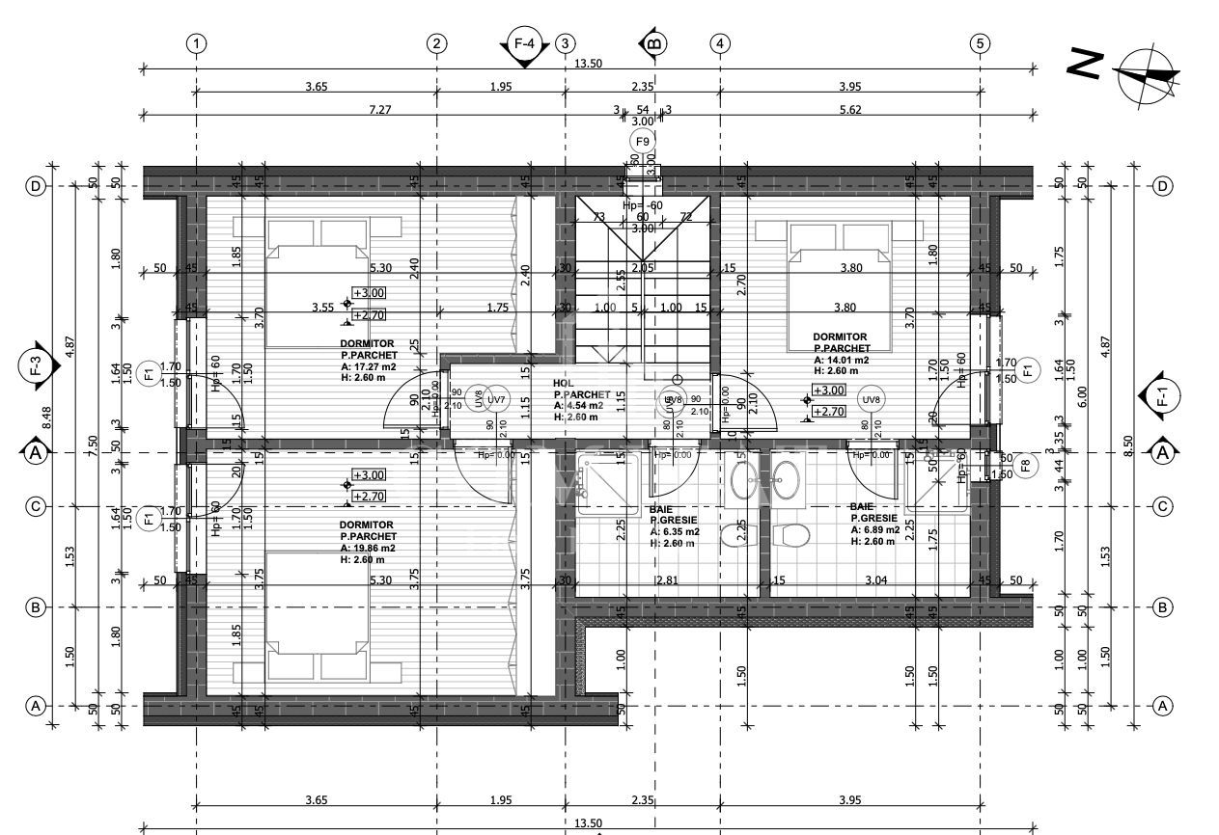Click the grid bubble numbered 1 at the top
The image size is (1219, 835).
click(x=197, y=43)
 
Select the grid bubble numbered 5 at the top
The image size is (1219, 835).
click(x=981, y=43)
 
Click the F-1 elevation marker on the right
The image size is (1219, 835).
click(x=1162, y=394)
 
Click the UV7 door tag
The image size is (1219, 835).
click(x=497, y=399)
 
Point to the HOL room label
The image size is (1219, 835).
click(x=564, y=383)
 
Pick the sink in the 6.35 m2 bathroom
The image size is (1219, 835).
click(x=743, y=480)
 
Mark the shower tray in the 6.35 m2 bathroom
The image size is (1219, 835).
click(x=608, y=479)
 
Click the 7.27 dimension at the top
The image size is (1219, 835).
click(x=380, y=110)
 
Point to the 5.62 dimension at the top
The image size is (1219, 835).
click(x=849, y=110)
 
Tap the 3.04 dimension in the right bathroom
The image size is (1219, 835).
click(x=876, y=580)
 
